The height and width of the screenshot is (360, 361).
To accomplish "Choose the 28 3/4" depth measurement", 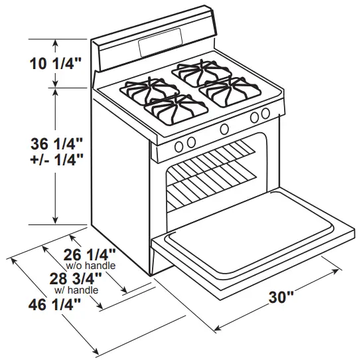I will click(75, 278).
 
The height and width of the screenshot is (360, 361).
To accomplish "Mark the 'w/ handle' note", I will click(76, 290).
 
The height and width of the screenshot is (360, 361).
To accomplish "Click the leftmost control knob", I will click(178, 147).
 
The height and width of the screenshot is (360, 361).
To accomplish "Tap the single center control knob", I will click(225, 129).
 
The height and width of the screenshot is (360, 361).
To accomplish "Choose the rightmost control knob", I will click(265, 114).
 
